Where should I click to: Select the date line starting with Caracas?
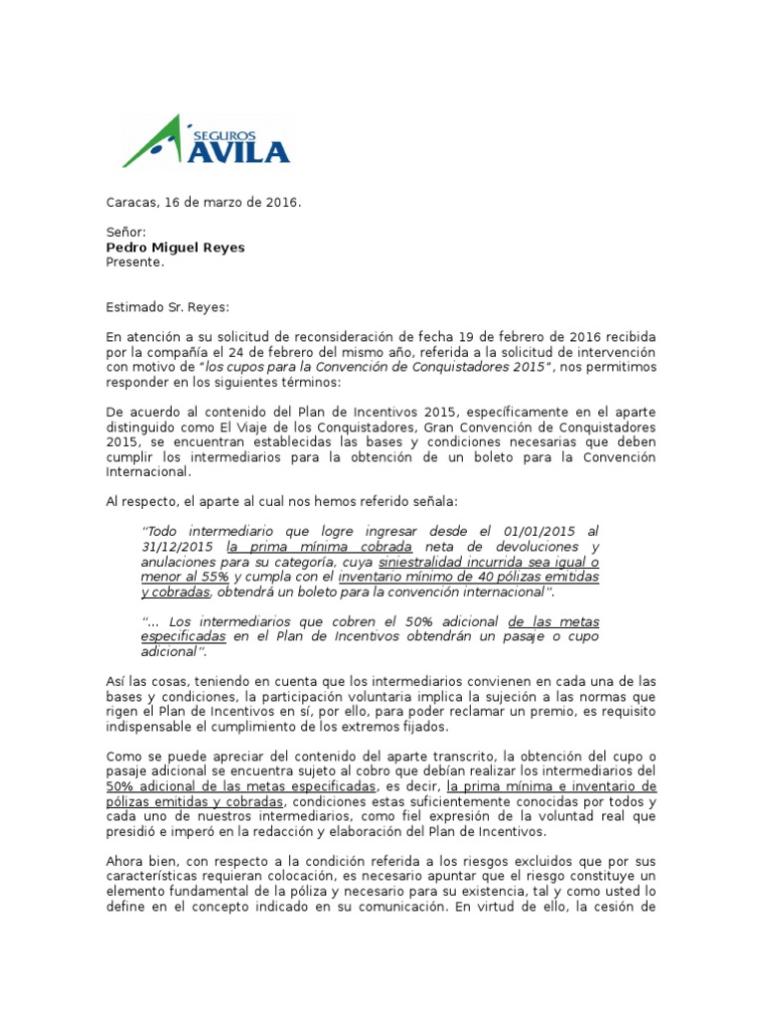[203, 203]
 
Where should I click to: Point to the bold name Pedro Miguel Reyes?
[177, 247]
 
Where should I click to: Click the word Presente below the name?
[135, 262]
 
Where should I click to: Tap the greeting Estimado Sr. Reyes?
[167, 307]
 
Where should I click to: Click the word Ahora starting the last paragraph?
[127, 860]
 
